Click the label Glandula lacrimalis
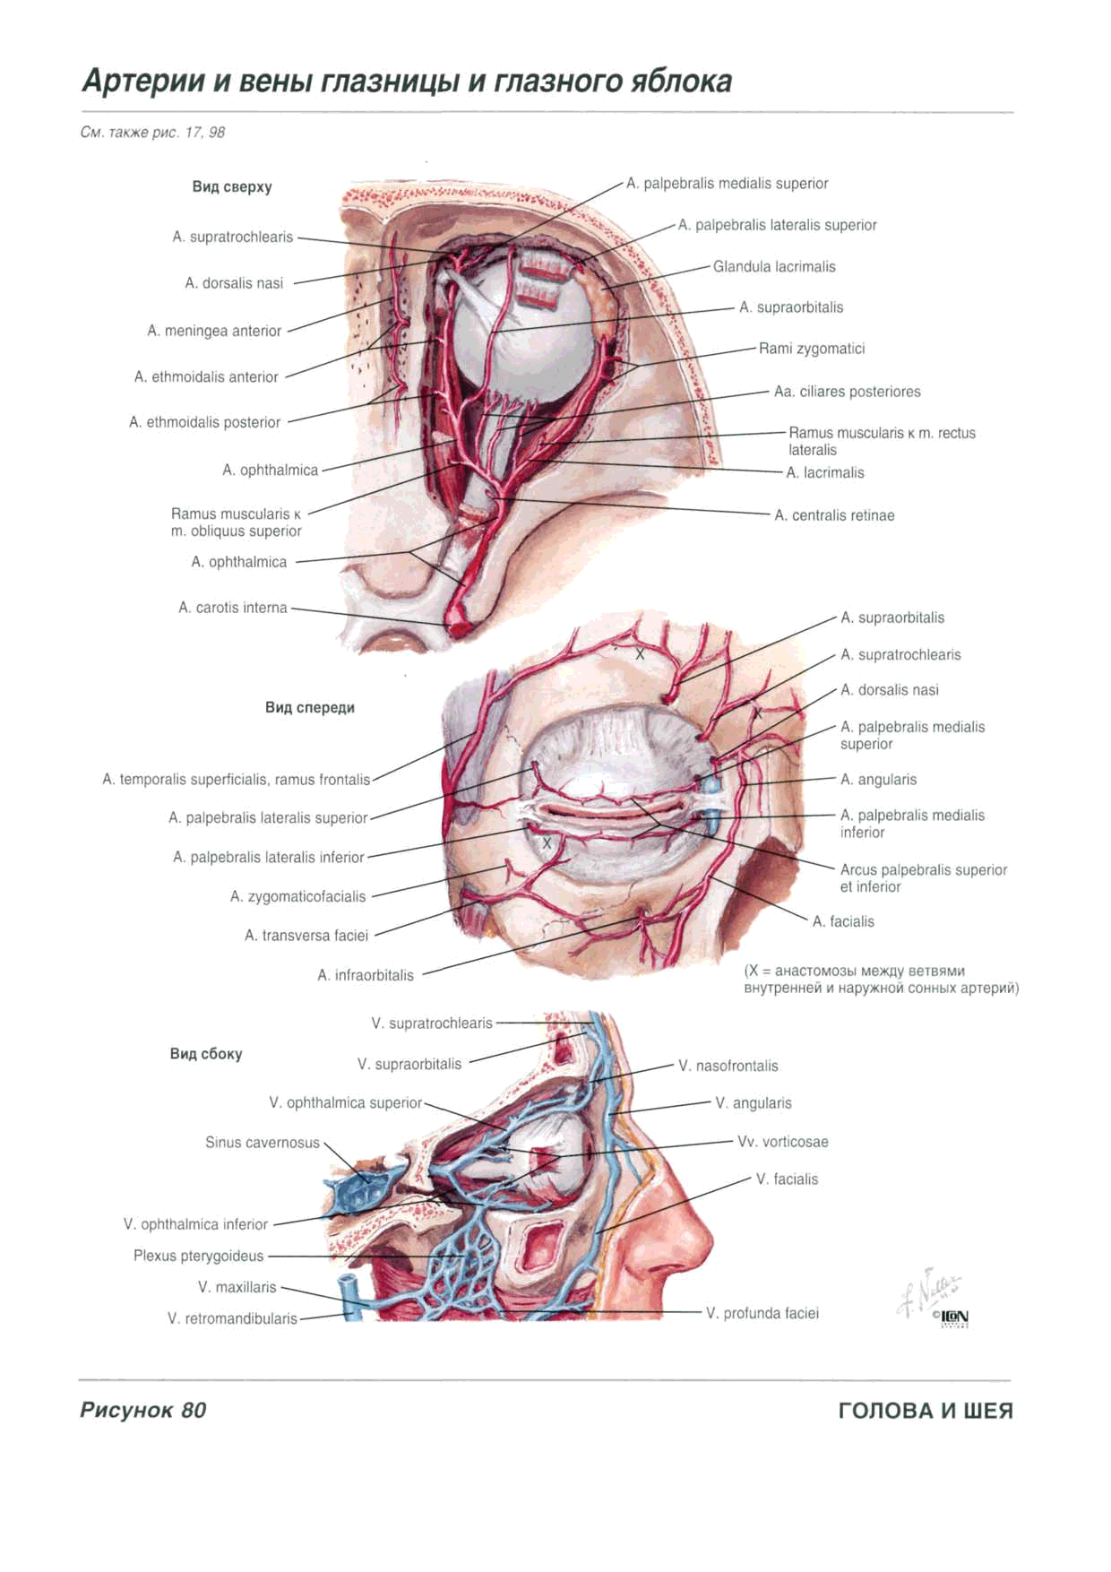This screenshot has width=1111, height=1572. [x=774, y=266]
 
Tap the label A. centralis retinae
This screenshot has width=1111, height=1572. [x=834, y=515]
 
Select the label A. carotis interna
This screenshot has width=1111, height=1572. [x=233, y=608]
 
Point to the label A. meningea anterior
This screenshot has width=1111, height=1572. [x=214, y=331]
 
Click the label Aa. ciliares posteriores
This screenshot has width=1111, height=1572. [x=847, y=392]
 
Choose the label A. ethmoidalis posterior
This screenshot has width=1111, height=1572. [x=204, y=422]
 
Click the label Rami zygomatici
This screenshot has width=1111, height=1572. [x=812, y=349]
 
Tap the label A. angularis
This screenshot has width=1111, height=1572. [x=878, y=780]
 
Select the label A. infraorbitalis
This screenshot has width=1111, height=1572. [x=366, y=975]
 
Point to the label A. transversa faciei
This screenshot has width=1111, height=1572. [x=306, y=936]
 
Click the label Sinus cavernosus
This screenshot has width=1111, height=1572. [x=263, y=1143]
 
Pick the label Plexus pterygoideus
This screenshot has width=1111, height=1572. [x=199, y=1256]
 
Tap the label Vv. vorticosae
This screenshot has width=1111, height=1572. [x=782, y=1142]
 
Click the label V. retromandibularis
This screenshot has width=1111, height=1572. [x=232, y=1318]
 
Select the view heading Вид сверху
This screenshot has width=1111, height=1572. [x=232, y=187]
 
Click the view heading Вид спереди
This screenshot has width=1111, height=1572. [x=310, y=708]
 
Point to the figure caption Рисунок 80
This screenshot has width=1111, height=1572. [x=143, y=1410]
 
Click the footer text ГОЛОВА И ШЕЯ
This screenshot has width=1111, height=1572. [x=926, y=1411]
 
